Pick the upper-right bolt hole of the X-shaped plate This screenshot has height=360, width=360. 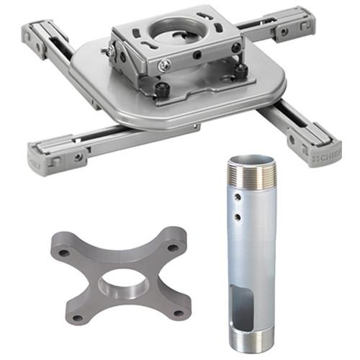coord(172,245)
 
